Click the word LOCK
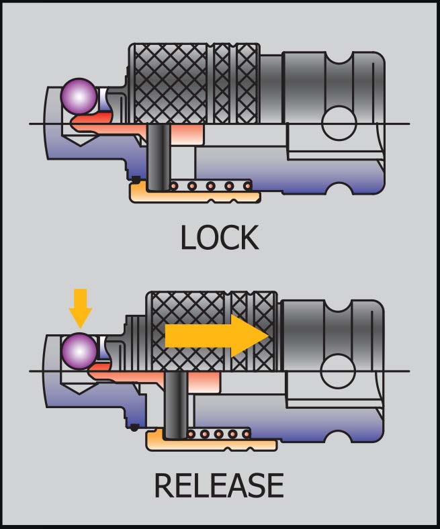(x=219, y=238)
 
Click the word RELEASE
(x=219, y=485)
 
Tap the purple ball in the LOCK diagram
(x=79, y=96)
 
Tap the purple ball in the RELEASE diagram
(x=79, y=350)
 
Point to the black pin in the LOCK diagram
(x=159, y=158)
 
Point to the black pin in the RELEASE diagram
(x=177, y=406)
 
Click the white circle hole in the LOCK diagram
(x=339, y=123)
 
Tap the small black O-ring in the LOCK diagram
(x=136, y=179)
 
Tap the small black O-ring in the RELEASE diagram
(x=136, y=428)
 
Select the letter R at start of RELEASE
(x=165, y=485)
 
